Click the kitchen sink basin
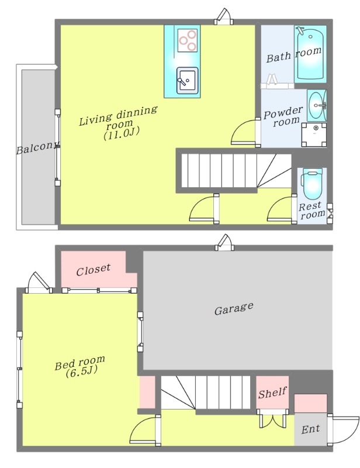click(x=188, y=81)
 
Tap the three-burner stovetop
click(x=188, y=40)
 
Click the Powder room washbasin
click(x=316, y=105)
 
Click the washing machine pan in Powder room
click(x=313, y=135)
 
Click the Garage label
click(x=234, y=308)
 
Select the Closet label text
click(x=94, y=269)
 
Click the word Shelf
click(x=272, y=392)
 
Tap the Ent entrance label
click(x=310, y=429)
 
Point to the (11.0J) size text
click(x=122, y=133)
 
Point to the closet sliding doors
click(x=99, y=290)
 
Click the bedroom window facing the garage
click(x=140, y=332)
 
